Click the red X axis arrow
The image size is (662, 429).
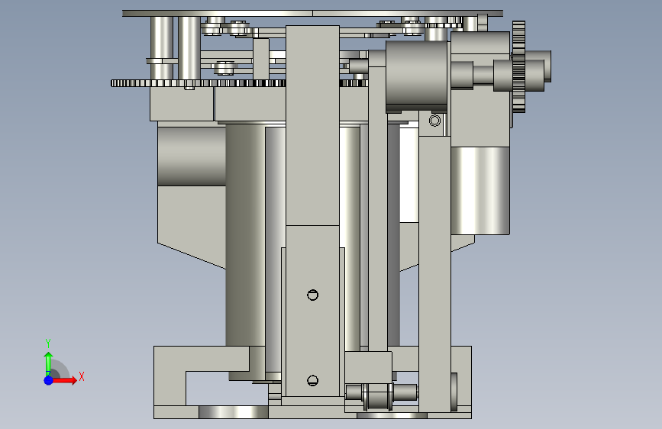click(x=64, y=380)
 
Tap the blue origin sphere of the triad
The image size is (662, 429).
click(x=48, y=380)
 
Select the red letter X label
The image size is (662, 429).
click(x=82, y=376)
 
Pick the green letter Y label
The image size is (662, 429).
click(x=48, y=344)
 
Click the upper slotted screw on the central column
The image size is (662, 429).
click(x=312, y=295)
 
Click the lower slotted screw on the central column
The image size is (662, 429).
click(x=312, y=380)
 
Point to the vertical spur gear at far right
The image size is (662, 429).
click(x=519, y=66)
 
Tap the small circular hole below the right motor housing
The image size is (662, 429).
click(x=434, y=121)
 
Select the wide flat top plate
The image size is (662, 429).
click(x=312, y=14)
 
